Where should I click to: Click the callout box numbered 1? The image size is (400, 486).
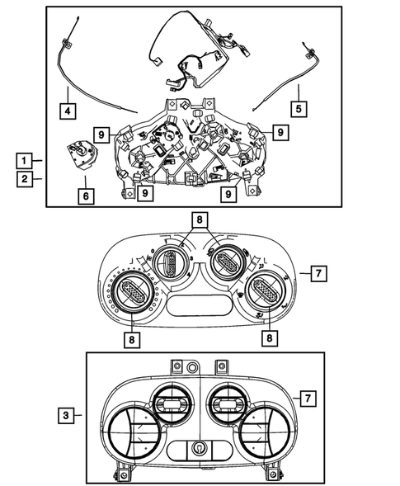coord(28,159)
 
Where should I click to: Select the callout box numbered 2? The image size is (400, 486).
coord(28,177)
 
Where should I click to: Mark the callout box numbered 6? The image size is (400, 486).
coord(85,196)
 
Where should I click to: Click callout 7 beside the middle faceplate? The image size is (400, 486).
coord(318,272)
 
